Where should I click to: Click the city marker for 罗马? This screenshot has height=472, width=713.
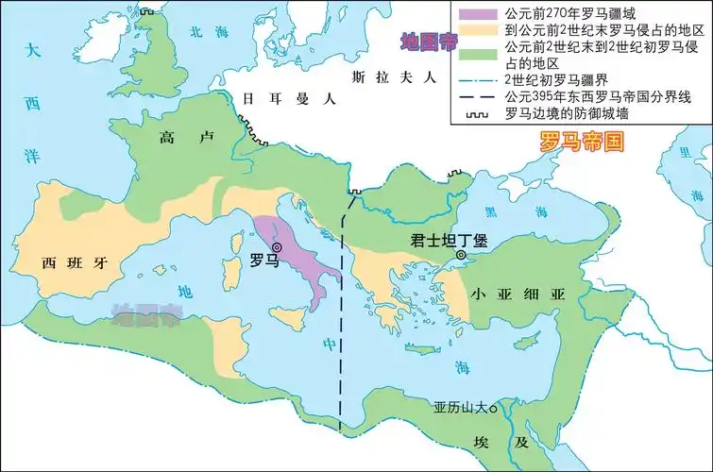pyautogui.click(x=278, y=247)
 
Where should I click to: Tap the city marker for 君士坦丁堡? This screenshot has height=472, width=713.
pyautogui.click(x=461, y=256)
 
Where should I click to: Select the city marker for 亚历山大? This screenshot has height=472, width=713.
pyautogui.click(x=491, y=409)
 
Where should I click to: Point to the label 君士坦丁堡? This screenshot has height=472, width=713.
pyautogui.click(x=448, y=240)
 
